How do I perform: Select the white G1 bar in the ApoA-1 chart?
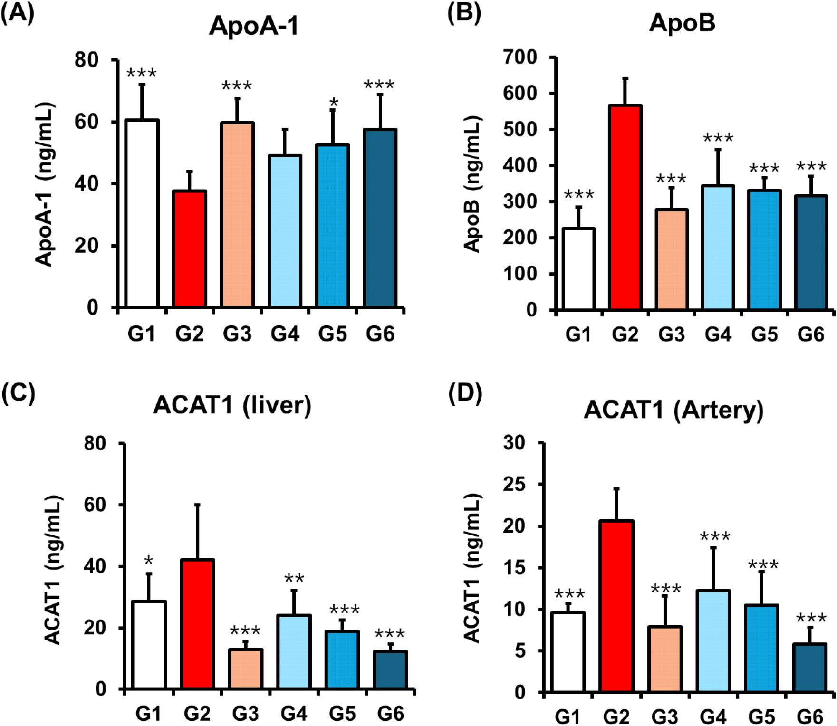click(142, 213)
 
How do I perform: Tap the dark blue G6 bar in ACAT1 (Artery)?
click(810, 668)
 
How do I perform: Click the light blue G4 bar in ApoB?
click(718, 248)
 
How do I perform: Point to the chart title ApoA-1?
click(254, 26)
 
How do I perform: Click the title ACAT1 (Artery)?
click(673, 410)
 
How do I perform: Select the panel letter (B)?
click(464, 13)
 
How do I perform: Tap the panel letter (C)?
click(18, 393)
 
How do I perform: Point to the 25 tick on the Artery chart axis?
click(515, 485)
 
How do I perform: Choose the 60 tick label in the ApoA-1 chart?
click(87, 122)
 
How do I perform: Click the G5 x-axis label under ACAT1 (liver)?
click(342, 713)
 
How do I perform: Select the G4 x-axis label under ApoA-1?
click(285, 334)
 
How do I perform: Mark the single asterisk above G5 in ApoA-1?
click(334, 103)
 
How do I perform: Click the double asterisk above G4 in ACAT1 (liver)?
click(294, 579)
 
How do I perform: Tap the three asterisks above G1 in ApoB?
click(578, 195)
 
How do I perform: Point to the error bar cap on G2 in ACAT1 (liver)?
click(197, 505)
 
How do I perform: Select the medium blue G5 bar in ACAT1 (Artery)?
click(762, 648)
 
